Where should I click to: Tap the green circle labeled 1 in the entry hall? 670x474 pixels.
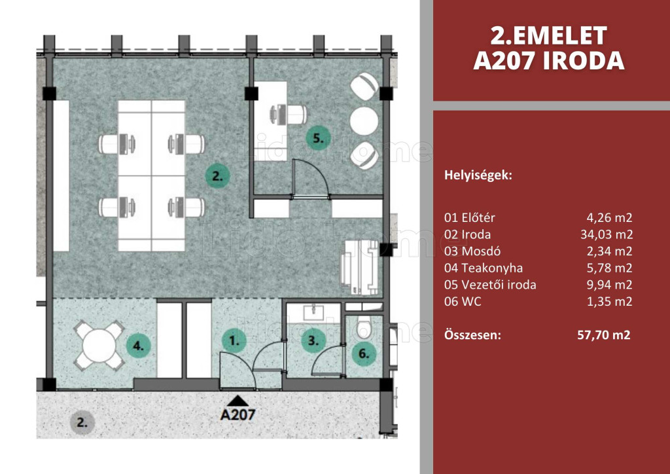tap(234, 340)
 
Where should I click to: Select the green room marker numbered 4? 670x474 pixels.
tap(139, 345)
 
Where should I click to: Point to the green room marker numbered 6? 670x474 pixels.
tap(364, 353)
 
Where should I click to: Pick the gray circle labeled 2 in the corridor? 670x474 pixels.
tap(82, 423)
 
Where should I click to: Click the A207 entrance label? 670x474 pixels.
tap(238, 414)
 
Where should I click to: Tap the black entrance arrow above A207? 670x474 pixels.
tap(238, 401)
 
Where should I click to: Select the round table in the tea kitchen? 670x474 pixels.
tap(99, 345)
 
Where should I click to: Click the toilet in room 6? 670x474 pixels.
tap(364, 327)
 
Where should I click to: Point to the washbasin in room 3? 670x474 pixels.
tap(313, 312)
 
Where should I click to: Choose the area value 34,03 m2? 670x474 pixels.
tap(607, 234)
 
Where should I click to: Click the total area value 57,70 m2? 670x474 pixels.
tap(603, 335)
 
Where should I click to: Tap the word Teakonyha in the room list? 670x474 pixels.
tap(492, 268)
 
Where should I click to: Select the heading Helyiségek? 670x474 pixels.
tap(478, 175)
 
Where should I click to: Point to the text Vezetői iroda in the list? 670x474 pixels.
tap(499, 285)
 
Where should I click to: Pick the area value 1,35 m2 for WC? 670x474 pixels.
tap(609, 301)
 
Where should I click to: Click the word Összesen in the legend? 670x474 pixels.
tap(472, 335)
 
